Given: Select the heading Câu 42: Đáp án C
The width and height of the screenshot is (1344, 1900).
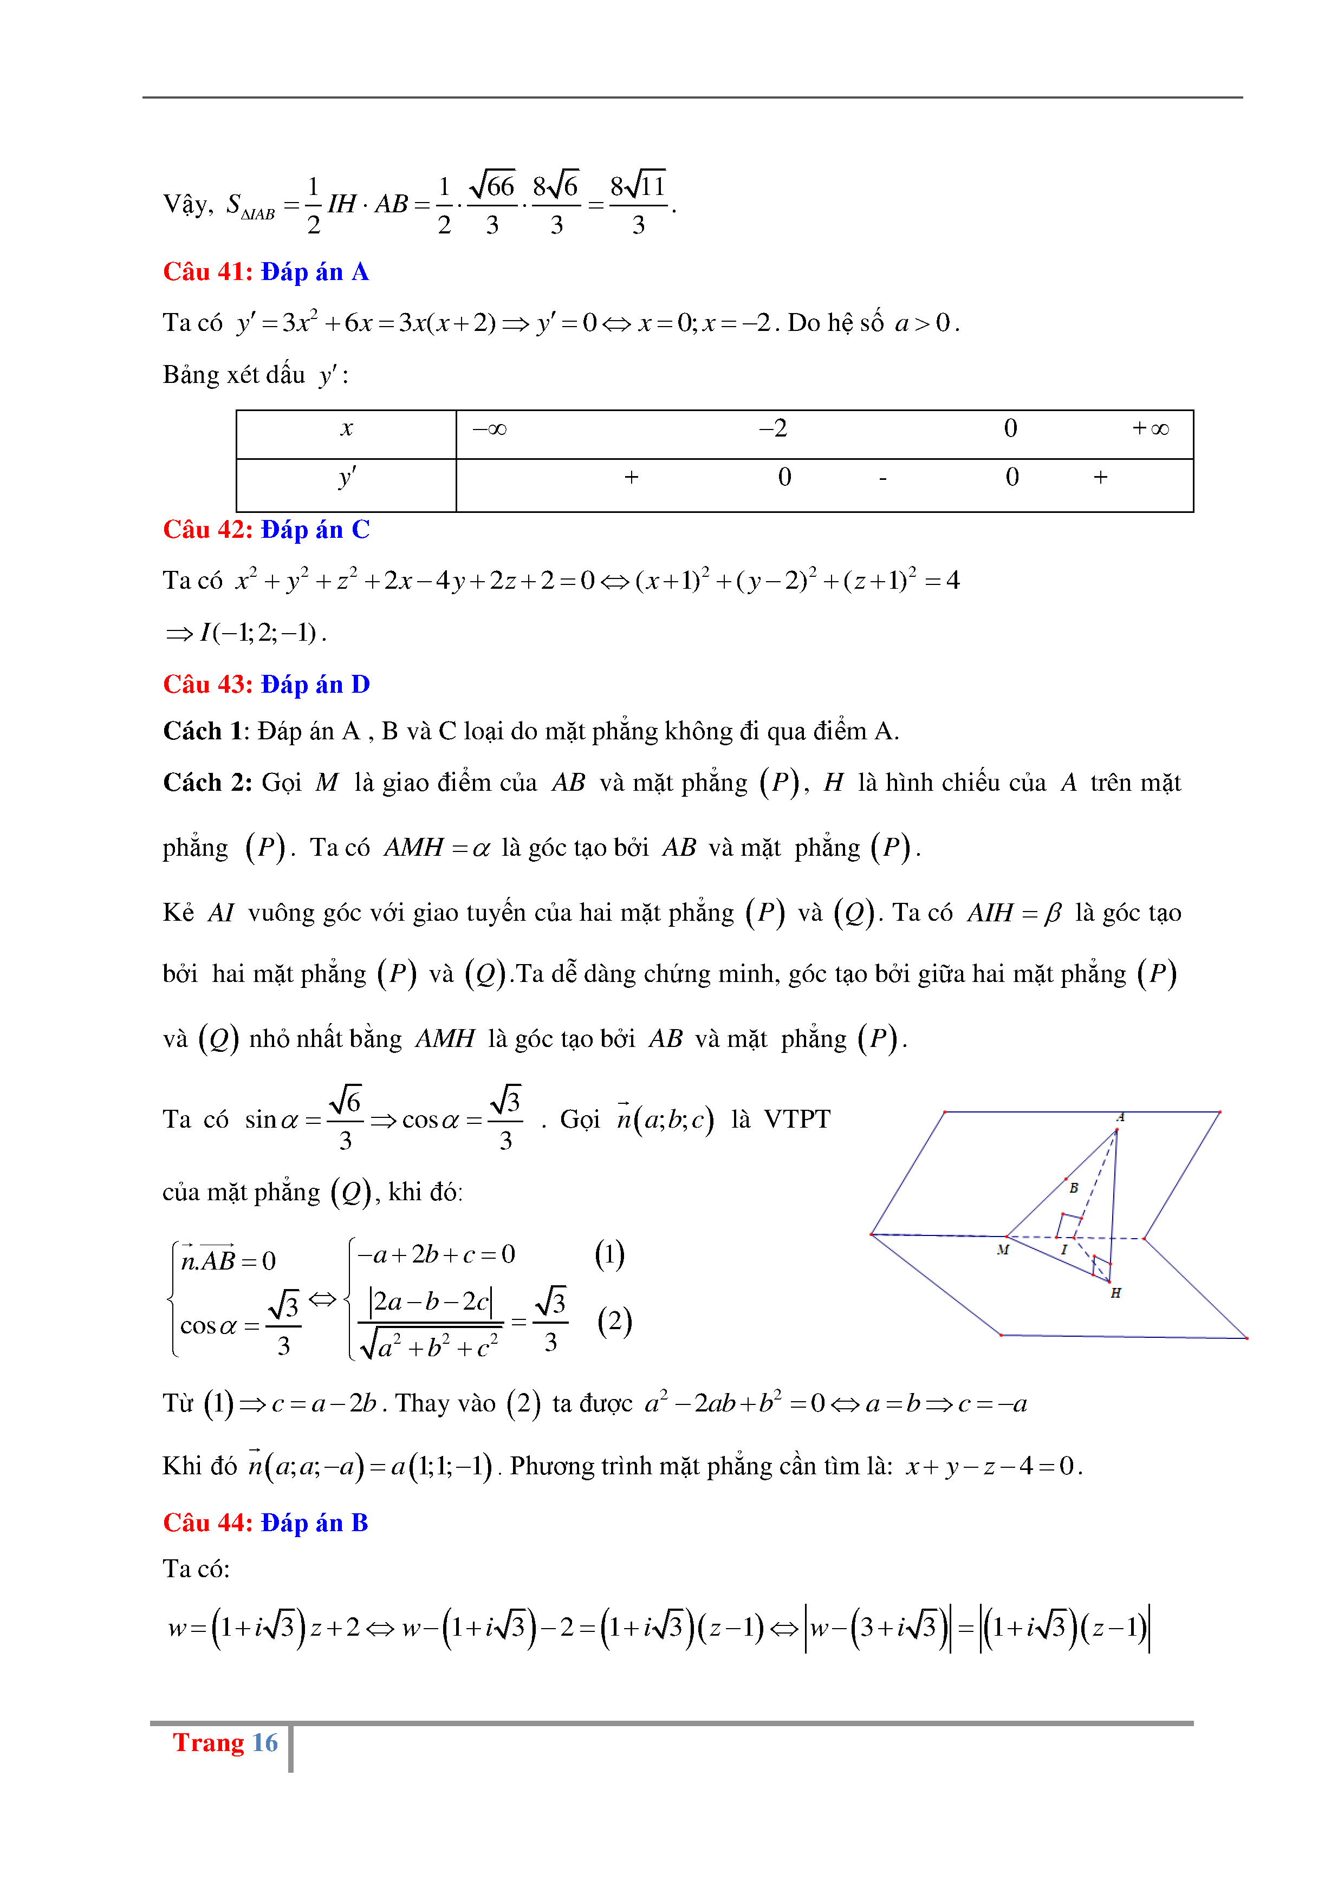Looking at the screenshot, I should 265,530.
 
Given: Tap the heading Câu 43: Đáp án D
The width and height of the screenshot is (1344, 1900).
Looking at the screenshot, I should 265,685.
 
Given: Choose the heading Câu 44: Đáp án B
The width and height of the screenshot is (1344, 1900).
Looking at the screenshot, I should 265,1522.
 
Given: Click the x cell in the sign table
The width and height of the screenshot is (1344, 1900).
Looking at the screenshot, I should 347,428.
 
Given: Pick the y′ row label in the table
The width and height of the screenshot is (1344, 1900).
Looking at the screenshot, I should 347,478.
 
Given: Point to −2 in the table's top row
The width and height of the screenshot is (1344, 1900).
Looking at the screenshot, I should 773,428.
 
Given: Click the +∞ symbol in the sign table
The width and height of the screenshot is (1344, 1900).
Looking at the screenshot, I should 1151,428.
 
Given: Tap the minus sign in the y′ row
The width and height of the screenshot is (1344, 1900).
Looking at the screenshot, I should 883,478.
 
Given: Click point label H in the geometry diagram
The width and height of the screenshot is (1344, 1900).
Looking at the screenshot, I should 1115,1293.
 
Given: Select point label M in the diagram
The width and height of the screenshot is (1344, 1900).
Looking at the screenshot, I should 1003,1250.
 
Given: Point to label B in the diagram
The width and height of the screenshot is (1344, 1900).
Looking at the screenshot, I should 1073,1187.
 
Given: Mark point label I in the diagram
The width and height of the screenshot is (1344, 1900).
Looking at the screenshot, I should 1064,1250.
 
